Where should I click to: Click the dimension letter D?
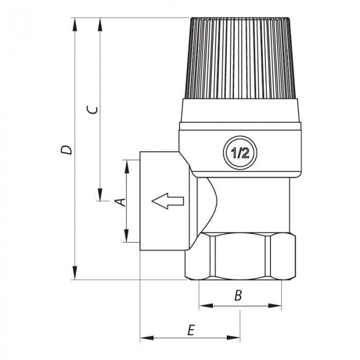point(66,150)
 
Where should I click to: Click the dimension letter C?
point(92,110)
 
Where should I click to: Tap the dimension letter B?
point(238,296)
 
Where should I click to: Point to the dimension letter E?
point(190,330)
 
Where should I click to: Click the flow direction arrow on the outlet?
point(168,201)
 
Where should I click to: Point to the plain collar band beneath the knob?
point(241,110)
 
